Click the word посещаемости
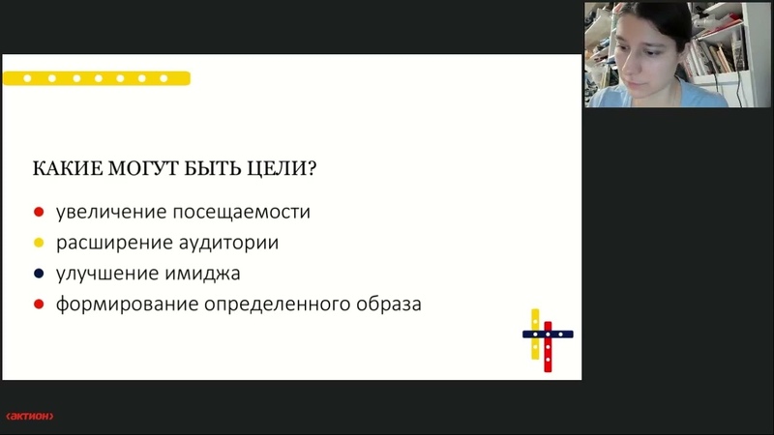click(241, 212)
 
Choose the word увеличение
click(111, 212)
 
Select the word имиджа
click(202, 274)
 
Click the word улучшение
click(106, 274)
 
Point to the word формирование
click(127, 304)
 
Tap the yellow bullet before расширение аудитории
click(39, 243)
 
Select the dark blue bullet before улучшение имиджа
click(39, 274)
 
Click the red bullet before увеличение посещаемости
click(39, 212)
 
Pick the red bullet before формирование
click(39, 304)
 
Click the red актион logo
click(30, 416)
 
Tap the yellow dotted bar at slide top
click(97, 78)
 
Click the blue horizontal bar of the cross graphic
click(548, 334)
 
